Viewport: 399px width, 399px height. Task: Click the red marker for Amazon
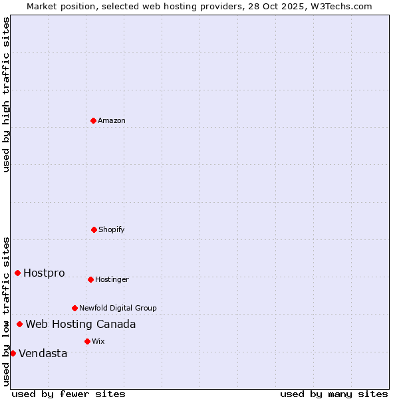[x=93, y=120]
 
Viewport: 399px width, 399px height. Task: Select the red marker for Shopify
[x=94, y=229]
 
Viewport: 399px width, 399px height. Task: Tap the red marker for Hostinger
[x=90, y=279]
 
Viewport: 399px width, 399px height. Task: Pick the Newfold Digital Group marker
[x=74, y=308]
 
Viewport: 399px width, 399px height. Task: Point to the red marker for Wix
[x=87, y=341]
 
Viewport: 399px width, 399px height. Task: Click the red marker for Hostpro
[x=17, y=273]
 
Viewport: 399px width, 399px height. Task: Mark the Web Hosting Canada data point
[x=19, y=324]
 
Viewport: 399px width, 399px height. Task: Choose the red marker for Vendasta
[x=13, y=353]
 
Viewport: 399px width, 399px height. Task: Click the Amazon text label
[x=112, y=120]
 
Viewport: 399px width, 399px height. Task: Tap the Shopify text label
[x=112, y=229]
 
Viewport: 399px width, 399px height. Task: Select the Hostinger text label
[x=112, y=279]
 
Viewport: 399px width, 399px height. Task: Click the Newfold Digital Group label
[x=118, y=308]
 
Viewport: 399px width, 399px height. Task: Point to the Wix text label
[x=98, y=341]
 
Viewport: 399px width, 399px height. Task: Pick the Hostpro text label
[x=44, y=273]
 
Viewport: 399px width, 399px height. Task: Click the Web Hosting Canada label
[x=80, y=325]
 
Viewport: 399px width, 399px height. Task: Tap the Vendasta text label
[x=43, y=354]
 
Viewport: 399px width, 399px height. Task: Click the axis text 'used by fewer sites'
[x=68, y=394]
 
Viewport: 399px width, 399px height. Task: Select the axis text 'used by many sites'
[x=334, y=394]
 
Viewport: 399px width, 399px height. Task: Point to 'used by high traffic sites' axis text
[x=6, y=94]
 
